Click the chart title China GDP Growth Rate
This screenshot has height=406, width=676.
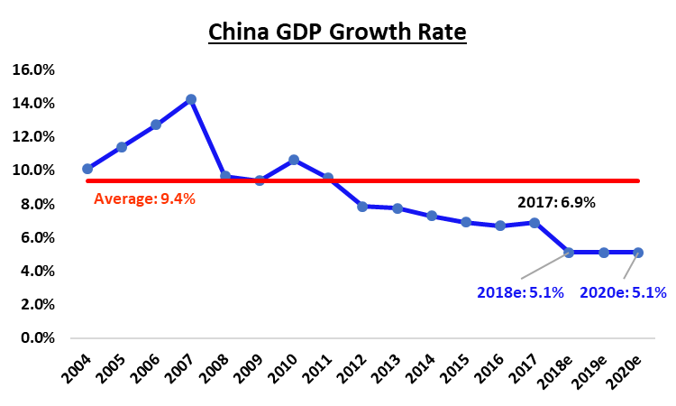coord(337,33)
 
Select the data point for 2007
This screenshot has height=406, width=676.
coord(190,99)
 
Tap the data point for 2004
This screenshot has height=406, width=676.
coord(87,169)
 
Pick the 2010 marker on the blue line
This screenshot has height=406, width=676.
coord(294,160)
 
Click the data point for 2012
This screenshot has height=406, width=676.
coord(362,207)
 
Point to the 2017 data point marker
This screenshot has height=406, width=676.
coord(534,223)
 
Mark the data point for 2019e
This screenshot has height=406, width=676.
coord(604,253)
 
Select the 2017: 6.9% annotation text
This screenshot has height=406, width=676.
coord(556,203)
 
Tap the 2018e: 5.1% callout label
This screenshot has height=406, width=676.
coord(520,292)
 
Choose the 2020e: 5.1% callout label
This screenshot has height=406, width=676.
coord(623,292)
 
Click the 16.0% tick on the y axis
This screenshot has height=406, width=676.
coord(32,69)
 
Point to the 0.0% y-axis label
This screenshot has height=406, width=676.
coord(35,338)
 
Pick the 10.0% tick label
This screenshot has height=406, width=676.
coord(32,171)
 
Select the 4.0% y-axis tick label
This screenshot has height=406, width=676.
coord(35,272)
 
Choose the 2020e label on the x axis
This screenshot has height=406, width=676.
coord(630,371)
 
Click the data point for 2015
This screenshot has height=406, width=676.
coord(466,222)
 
